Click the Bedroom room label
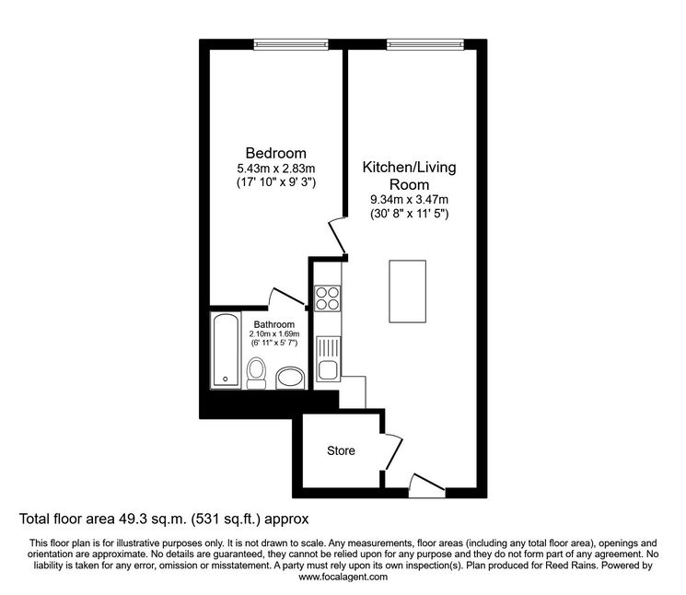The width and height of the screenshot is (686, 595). coord(275,153)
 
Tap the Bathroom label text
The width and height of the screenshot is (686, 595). coord(273,324)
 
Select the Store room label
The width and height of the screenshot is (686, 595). coord(341,450)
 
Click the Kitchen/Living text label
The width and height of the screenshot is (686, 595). coord(409,167)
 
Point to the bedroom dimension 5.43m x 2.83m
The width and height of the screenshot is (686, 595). coord(275,169)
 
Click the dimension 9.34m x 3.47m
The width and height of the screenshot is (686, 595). coord(409,200)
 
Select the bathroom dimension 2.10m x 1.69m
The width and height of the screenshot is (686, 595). coord(274,334)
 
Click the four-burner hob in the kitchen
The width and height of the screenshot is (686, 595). coord(327,298)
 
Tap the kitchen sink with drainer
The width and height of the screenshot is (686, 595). coord(328,358)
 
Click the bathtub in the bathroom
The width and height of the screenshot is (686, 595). coord(226,350)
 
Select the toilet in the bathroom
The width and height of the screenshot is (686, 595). coord(256,373)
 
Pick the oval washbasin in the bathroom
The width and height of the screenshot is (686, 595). coord(290,378)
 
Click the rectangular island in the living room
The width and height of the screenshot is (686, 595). coord(407,291)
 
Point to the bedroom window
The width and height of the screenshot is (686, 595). coord(291,44)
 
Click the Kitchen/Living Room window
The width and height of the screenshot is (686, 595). coord(425,44)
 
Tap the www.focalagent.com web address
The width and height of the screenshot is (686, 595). coord(343,577)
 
